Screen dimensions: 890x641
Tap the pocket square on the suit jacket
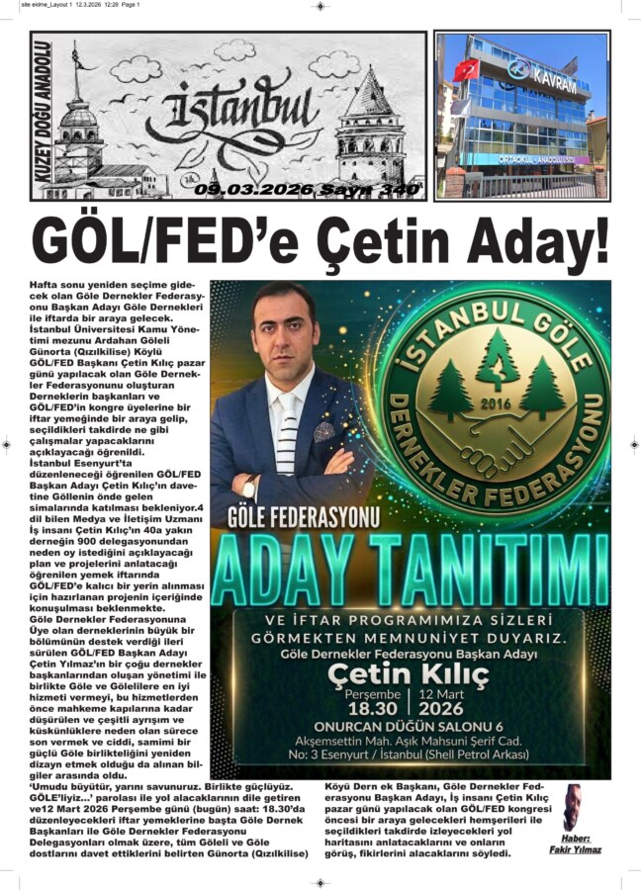323,431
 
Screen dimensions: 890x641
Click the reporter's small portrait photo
573,806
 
